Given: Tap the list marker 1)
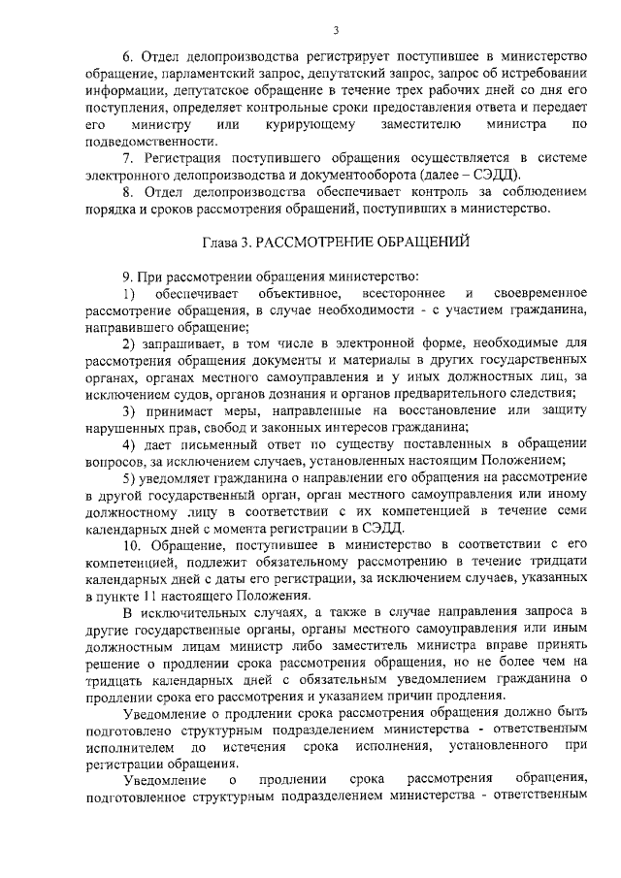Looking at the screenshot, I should coord(129,294).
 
